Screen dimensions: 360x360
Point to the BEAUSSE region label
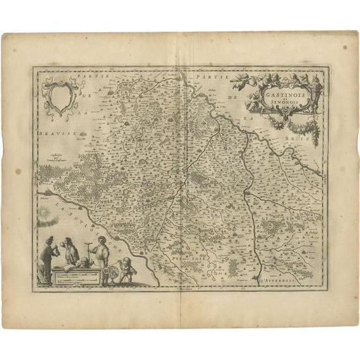[x=52, y=133]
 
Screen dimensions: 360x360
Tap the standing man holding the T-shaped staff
[x=100, y=256]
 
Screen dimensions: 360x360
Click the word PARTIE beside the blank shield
[x=102, y=76]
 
